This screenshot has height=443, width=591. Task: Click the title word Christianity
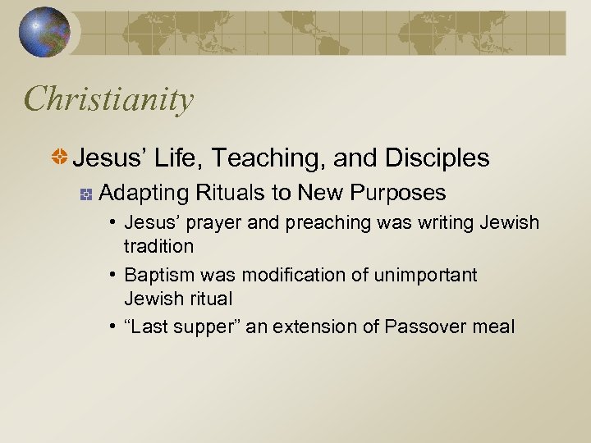pyautogui.click(x=109, y=99)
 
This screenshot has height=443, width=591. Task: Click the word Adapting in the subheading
pyautogui.click(x=143, y=193)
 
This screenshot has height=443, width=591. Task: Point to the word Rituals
pyautogui.click(x=231, y=193)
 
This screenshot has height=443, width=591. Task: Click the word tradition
pyautogui.click(x=158, y=246)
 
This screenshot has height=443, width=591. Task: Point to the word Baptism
pyautogui.click(x=158, y=275)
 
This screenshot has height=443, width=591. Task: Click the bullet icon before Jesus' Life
pyautogui.click(x=60, y=158)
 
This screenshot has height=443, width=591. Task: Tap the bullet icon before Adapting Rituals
pyautogui.click(x=85, y=194)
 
